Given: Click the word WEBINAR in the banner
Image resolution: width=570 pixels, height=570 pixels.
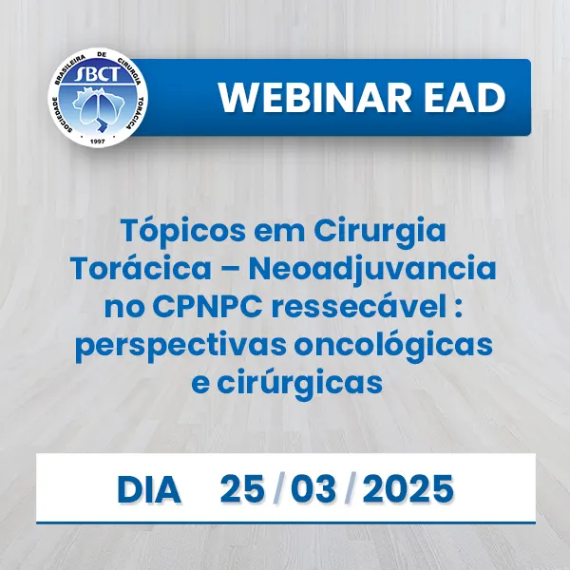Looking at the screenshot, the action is [315, 98].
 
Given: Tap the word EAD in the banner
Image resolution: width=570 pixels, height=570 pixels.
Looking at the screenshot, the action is [465, 98].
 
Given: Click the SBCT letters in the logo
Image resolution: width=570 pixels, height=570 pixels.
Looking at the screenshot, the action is [97, 74].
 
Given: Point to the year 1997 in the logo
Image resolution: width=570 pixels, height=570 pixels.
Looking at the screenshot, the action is [97, 141].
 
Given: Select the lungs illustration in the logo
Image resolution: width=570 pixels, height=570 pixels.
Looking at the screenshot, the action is [98, 107].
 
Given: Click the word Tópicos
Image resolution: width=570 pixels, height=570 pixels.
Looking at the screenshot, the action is [183, 232].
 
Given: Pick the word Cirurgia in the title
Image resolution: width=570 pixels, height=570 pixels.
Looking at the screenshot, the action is [380, 233].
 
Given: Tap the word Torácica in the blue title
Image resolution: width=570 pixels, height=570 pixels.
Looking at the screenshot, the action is [142, 268].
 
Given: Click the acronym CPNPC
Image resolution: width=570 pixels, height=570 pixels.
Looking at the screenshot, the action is [207, 307].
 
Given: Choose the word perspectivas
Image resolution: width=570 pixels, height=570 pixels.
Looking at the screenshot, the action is [181, 347].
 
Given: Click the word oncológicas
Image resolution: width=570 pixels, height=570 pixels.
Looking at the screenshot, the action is [393, 347].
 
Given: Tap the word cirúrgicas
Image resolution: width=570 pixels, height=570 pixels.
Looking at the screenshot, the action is [300, 384].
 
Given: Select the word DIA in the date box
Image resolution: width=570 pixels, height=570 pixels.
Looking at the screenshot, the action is [149, 489].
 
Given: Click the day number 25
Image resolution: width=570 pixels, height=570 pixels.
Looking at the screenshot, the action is [241, 489].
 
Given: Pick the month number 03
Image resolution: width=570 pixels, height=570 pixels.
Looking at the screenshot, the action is [313, 489].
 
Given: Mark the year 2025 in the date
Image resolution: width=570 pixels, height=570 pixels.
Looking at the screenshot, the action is [408, 489].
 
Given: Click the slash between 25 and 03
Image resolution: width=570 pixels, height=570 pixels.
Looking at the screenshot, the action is [277, 489].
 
